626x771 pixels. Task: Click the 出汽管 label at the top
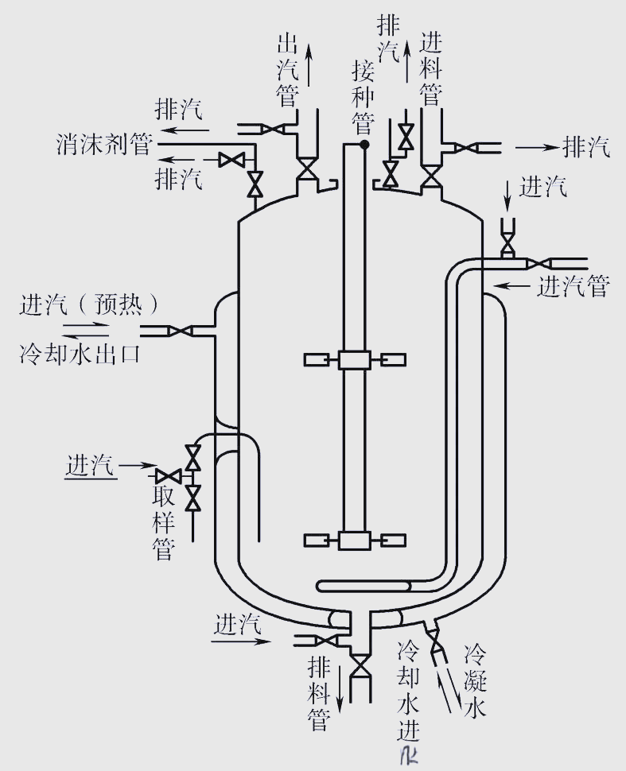[286, 70]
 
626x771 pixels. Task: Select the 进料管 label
[430, 68]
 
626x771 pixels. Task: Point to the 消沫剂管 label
[104, 145]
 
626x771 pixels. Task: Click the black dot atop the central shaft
[364, 145]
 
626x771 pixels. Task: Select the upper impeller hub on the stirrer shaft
[351, 360]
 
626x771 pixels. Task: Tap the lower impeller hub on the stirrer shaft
[351, 540]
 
